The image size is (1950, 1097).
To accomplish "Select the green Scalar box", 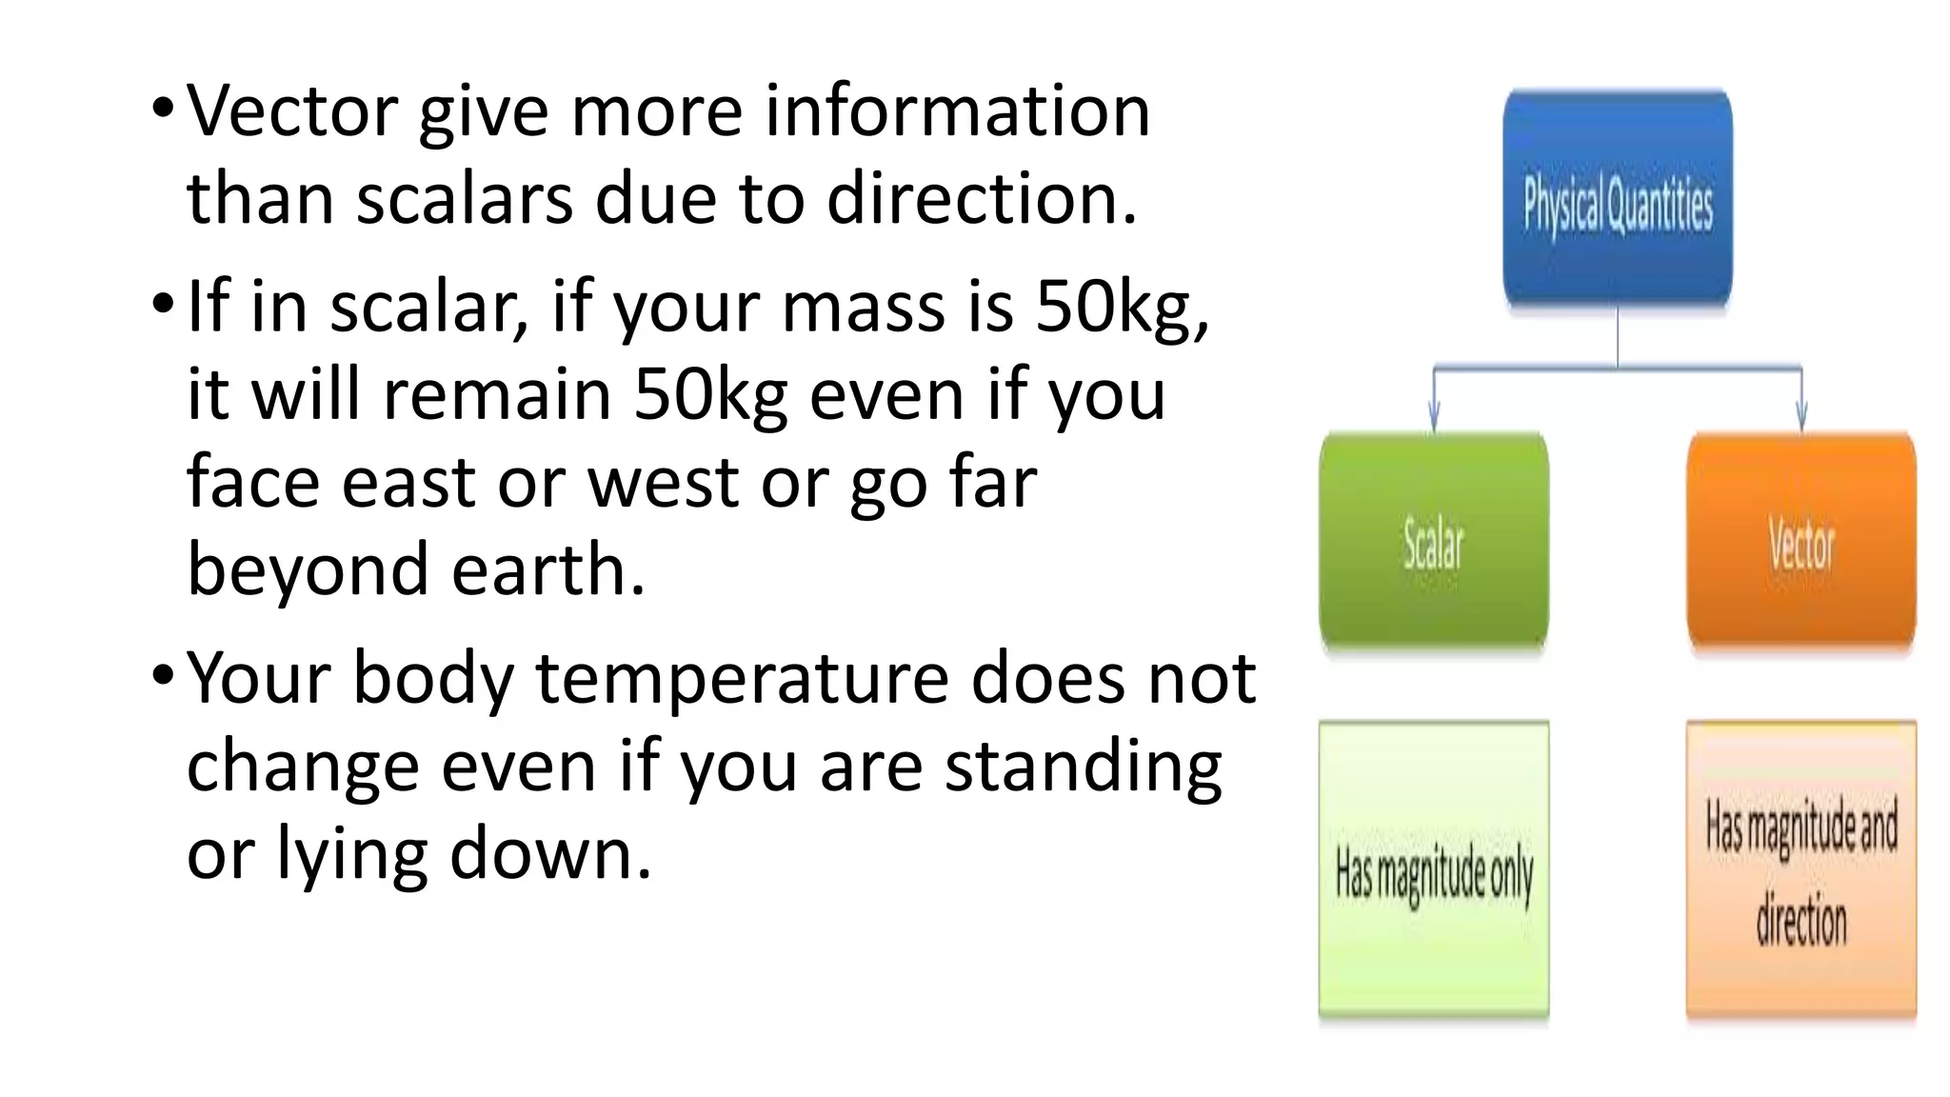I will (x=1433, y=541).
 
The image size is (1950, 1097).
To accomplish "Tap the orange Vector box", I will (x=1801, y=541).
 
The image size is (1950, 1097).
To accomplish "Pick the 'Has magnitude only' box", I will (x=1433, y=868).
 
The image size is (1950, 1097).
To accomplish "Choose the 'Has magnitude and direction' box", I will (x=1801, y=868).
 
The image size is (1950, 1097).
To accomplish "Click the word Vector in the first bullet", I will (x=291, y=111).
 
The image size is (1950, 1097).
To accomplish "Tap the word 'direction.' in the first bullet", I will (x=982, y=199).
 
